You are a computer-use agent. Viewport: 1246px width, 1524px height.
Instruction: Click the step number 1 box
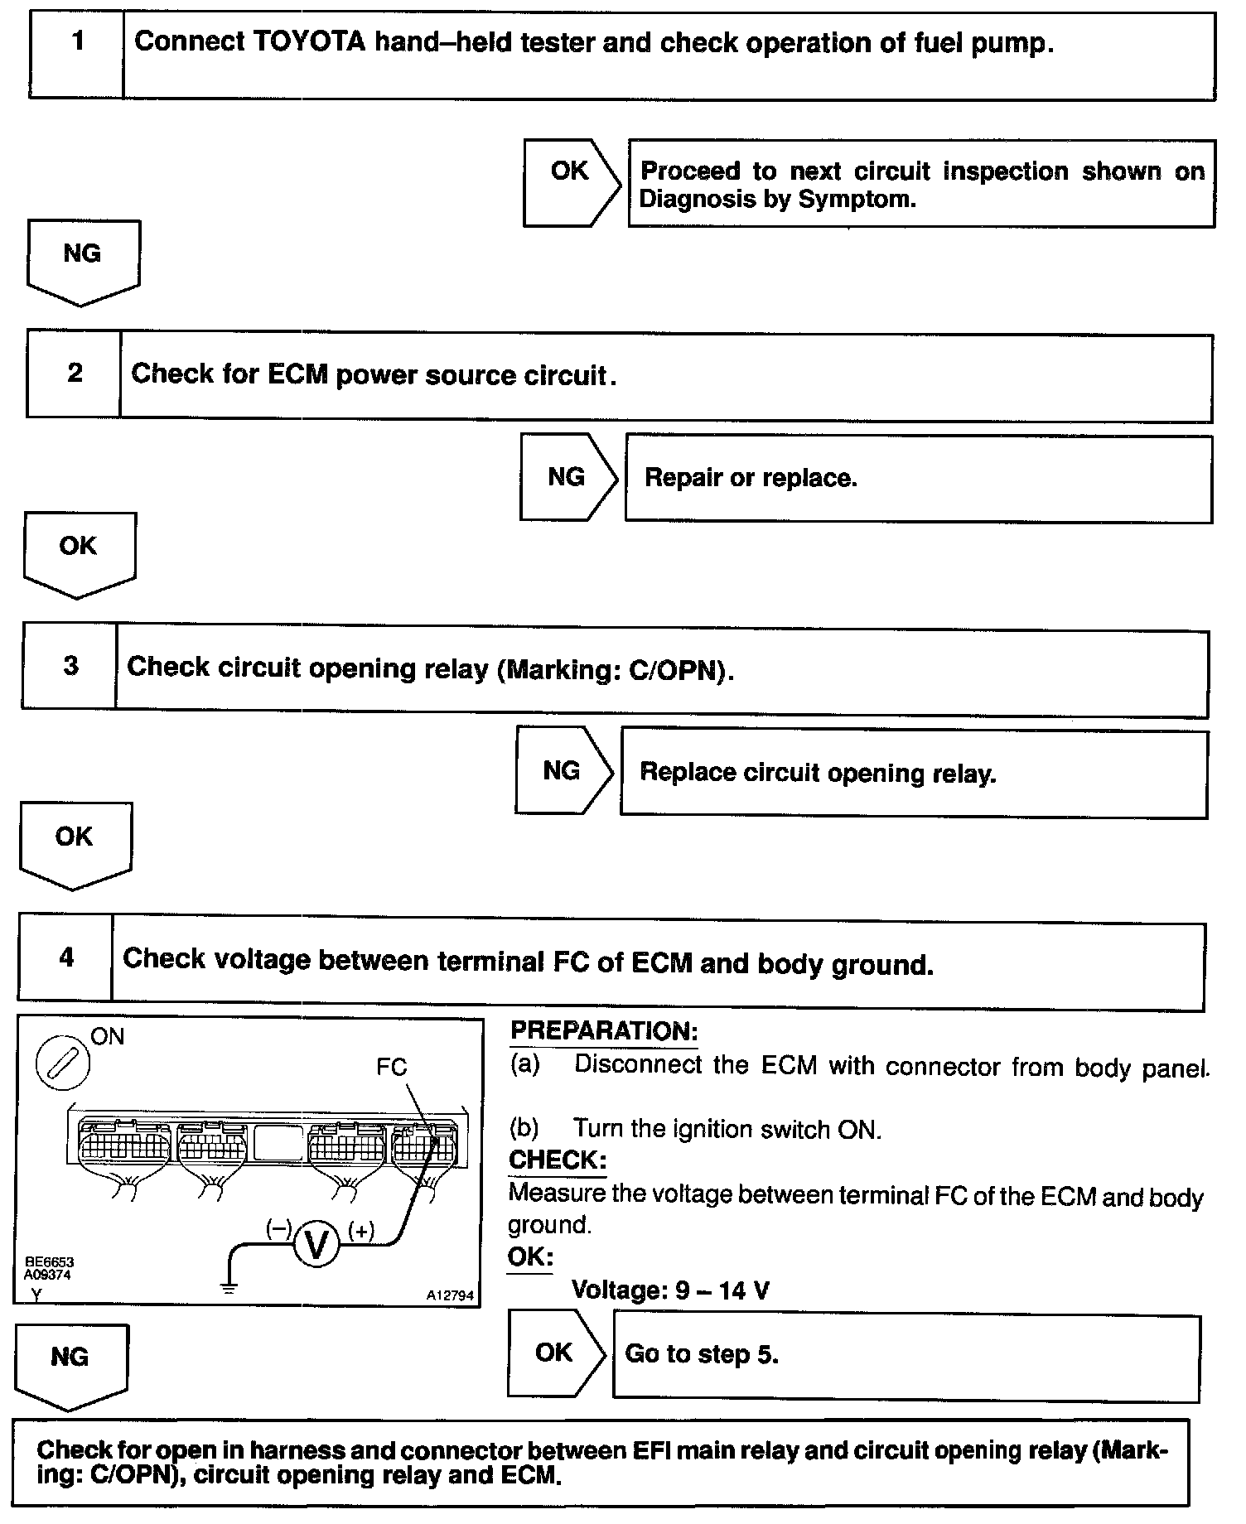click(77, 55)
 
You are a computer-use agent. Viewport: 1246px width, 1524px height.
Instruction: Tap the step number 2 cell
click(75, 374)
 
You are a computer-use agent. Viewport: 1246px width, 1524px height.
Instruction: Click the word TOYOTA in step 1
click(307, 41)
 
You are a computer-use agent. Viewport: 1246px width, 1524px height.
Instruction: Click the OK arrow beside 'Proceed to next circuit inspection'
click(571, 182)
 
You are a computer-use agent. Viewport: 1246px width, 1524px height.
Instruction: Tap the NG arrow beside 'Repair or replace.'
click(567, 477)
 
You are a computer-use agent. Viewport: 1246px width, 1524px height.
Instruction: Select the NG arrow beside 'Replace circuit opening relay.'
click(563, 770)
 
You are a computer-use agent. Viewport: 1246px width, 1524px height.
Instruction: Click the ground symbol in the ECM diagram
click(229, 1286)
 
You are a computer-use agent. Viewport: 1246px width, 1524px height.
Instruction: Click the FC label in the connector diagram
click(391, 1066)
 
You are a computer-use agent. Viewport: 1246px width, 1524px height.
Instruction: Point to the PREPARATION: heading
click(604, 1031)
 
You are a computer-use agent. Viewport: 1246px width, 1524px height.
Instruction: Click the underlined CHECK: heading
click(557, 1160)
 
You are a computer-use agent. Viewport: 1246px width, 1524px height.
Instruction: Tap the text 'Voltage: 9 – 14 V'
click(669, 1290)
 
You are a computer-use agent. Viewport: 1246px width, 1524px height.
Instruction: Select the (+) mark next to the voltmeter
click(361, 1231)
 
